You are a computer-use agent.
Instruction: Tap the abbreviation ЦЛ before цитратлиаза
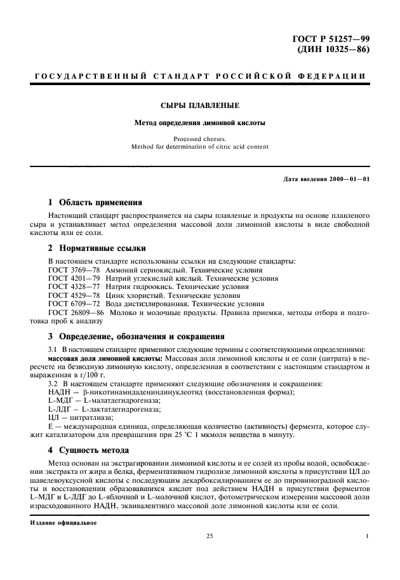(x=54, y=417)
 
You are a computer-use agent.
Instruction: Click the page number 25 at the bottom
(x=209, y=537)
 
